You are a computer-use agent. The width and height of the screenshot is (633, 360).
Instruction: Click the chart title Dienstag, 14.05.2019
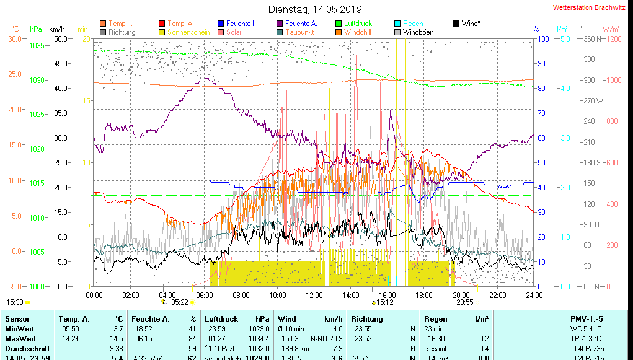coord(315,9)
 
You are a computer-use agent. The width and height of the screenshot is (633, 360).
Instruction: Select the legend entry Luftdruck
coord(358,24)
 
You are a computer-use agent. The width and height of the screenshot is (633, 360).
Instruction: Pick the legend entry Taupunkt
coord(299,32)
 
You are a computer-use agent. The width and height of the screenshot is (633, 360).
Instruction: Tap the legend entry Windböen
coord(418,32)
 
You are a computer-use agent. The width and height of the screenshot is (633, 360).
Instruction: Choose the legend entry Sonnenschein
coord(188,32)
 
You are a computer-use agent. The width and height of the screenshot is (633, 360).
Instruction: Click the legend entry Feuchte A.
coord(301,24)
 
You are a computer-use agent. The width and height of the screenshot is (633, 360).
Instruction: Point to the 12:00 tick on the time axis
coord(314,295)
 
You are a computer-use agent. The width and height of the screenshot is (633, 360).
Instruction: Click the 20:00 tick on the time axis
coord(461,295)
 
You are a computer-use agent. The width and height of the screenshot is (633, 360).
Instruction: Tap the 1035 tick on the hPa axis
coord(37,46)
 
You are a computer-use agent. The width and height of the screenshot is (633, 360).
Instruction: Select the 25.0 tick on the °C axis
coord(14,74)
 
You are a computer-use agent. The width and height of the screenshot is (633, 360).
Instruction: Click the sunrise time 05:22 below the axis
coord(180,302)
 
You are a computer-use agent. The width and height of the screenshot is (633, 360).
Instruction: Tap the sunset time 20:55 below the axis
coord(465,302)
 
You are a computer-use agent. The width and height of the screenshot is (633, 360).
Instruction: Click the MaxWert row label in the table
coord(19,339)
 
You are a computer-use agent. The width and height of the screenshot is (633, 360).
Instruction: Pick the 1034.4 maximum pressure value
coord(259,339)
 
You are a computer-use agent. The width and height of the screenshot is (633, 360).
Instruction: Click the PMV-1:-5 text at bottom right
coord(586,319)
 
